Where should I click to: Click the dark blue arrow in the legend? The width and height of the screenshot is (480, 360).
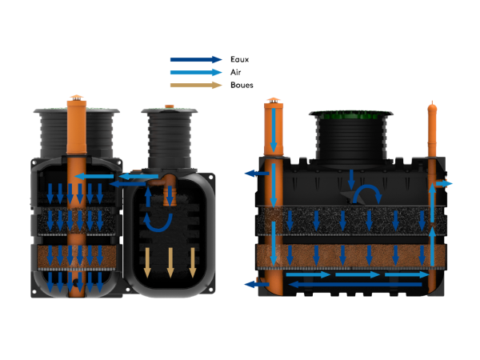coord(195,59)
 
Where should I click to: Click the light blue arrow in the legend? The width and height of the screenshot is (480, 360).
coord(195,72)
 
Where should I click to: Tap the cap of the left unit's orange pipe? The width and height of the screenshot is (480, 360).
coord(77,100)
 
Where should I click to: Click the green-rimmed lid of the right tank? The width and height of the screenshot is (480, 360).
coord(351,114)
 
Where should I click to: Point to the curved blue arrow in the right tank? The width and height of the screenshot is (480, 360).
coord(370,195)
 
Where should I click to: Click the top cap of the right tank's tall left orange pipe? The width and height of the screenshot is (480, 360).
coord(274,101)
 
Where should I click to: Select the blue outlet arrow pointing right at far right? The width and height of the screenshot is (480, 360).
coord(446,184)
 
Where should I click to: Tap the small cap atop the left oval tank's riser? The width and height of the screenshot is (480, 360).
coord(168,105)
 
